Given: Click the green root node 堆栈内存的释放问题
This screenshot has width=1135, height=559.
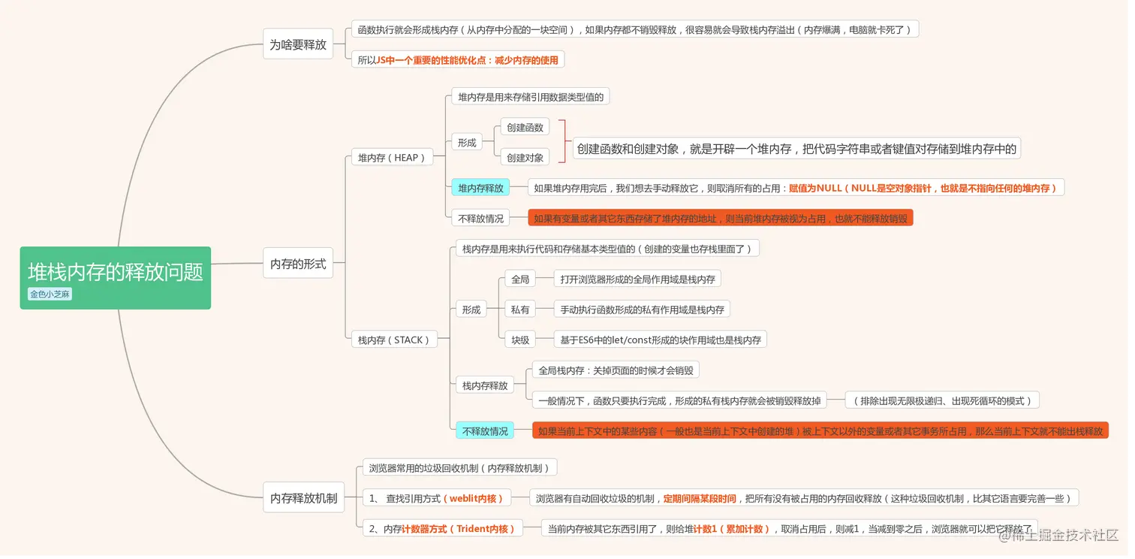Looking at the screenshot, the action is click(116, 278).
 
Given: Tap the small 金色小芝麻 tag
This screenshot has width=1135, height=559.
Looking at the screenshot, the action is click(50, 295).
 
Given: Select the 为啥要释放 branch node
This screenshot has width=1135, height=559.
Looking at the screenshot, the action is click(298, 44).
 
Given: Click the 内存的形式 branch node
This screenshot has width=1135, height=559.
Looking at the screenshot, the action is click(298, 263).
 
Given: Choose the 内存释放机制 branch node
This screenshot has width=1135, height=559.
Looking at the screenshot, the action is click(303, 497).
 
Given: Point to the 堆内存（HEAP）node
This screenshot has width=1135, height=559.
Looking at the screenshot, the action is click(392, 157).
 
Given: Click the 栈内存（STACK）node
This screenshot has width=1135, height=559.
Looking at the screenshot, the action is click(394, 340).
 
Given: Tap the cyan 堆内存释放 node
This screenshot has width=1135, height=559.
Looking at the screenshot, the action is click(480, 188).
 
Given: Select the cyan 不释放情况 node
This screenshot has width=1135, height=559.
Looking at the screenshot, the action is click(485, 431).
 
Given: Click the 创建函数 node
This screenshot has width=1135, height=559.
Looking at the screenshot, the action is click(525, 127).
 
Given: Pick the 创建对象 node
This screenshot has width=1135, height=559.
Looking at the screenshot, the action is click(525, 157).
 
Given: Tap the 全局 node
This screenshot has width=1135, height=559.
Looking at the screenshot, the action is click(520, 279).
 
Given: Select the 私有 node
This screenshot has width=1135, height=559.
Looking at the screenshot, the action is click(520, 309).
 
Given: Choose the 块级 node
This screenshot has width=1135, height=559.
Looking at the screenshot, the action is click(520, 340).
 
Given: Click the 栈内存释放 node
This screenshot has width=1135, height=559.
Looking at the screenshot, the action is click(485, 385).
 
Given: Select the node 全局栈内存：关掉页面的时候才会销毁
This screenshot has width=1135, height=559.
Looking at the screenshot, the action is click(616, 370).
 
